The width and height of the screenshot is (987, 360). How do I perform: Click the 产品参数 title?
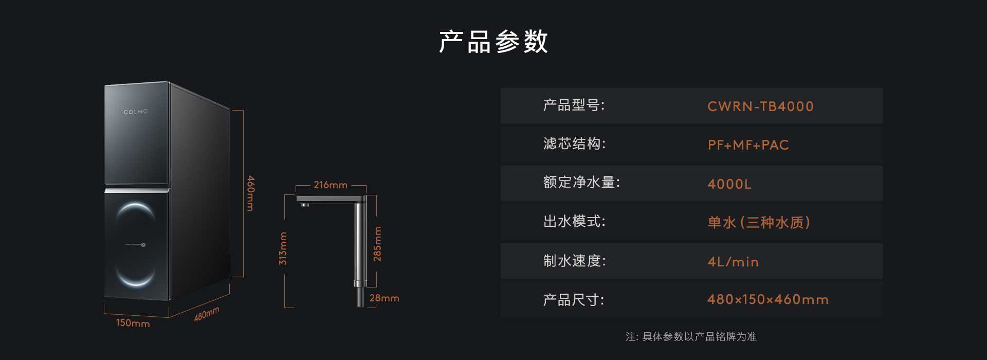(493, 42)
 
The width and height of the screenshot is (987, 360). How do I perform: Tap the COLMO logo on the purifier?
(136, 112)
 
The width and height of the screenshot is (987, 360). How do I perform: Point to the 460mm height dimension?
(250, 193)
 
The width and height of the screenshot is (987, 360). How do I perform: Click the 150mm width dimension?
(133, 323)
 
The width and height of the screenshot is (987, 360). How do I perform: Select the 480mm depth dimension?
(207, 314)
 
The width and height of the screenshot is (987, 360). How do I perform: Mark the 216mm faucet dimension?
(331, 185)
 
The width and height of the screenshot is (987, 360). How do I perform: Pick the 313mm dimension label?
(283, 248)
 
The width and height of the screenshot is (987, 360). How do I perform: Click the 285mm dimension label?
(377, 244)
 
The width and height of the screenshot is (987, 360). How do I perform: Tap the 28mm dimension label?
(384, 298)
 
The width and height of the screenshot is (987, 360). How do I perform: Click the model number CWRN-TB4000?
(760, 106)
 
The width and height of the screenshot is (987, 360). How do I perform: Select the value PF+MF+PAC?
(748, 145)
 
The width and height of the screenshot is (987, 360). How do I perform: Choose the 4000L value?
(729, 184)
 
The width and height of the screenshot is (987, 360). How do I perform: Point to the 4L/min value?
(733, 262)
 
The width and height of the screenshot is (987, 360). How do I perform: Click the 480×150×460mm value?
(768, 299)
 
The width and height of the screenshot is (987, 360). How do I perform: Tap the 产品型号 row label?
(574, 105)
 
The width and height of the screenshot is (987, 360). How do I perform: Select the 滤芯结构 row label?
(574, 143)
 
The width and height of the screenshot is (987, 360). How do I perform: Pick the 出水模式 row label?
(574, 222)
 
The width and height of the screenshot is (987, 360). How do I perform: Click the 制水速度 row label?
(574, 261)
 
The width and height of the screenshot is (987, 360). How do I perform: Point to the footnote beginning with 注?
(691, 336)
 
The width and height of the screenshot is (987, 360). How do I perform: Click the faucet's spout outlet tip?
(305, 205)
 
